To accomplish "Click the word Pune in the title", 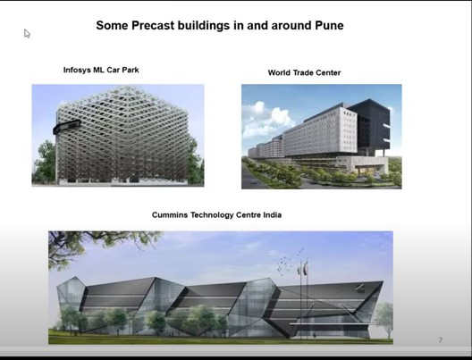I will tap(326, 26).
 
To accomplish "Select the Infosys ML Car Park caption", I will tap(101, 70).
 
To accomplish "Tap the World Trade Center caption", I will tap(304, 72).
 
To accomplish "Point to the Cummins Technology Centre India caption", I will tap(217, 215).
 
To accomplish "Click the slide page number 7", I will tap(440, 340).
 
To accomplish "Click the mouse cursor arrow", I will tap(27, 33).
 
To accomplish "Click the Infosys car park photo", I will tap(118, 135).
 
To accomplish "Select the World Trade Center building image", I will tap(321, 136).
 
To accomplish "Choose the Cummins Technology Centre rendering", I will tap(220, 287).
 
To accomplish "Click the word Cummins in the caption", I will tap(172, 215).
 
